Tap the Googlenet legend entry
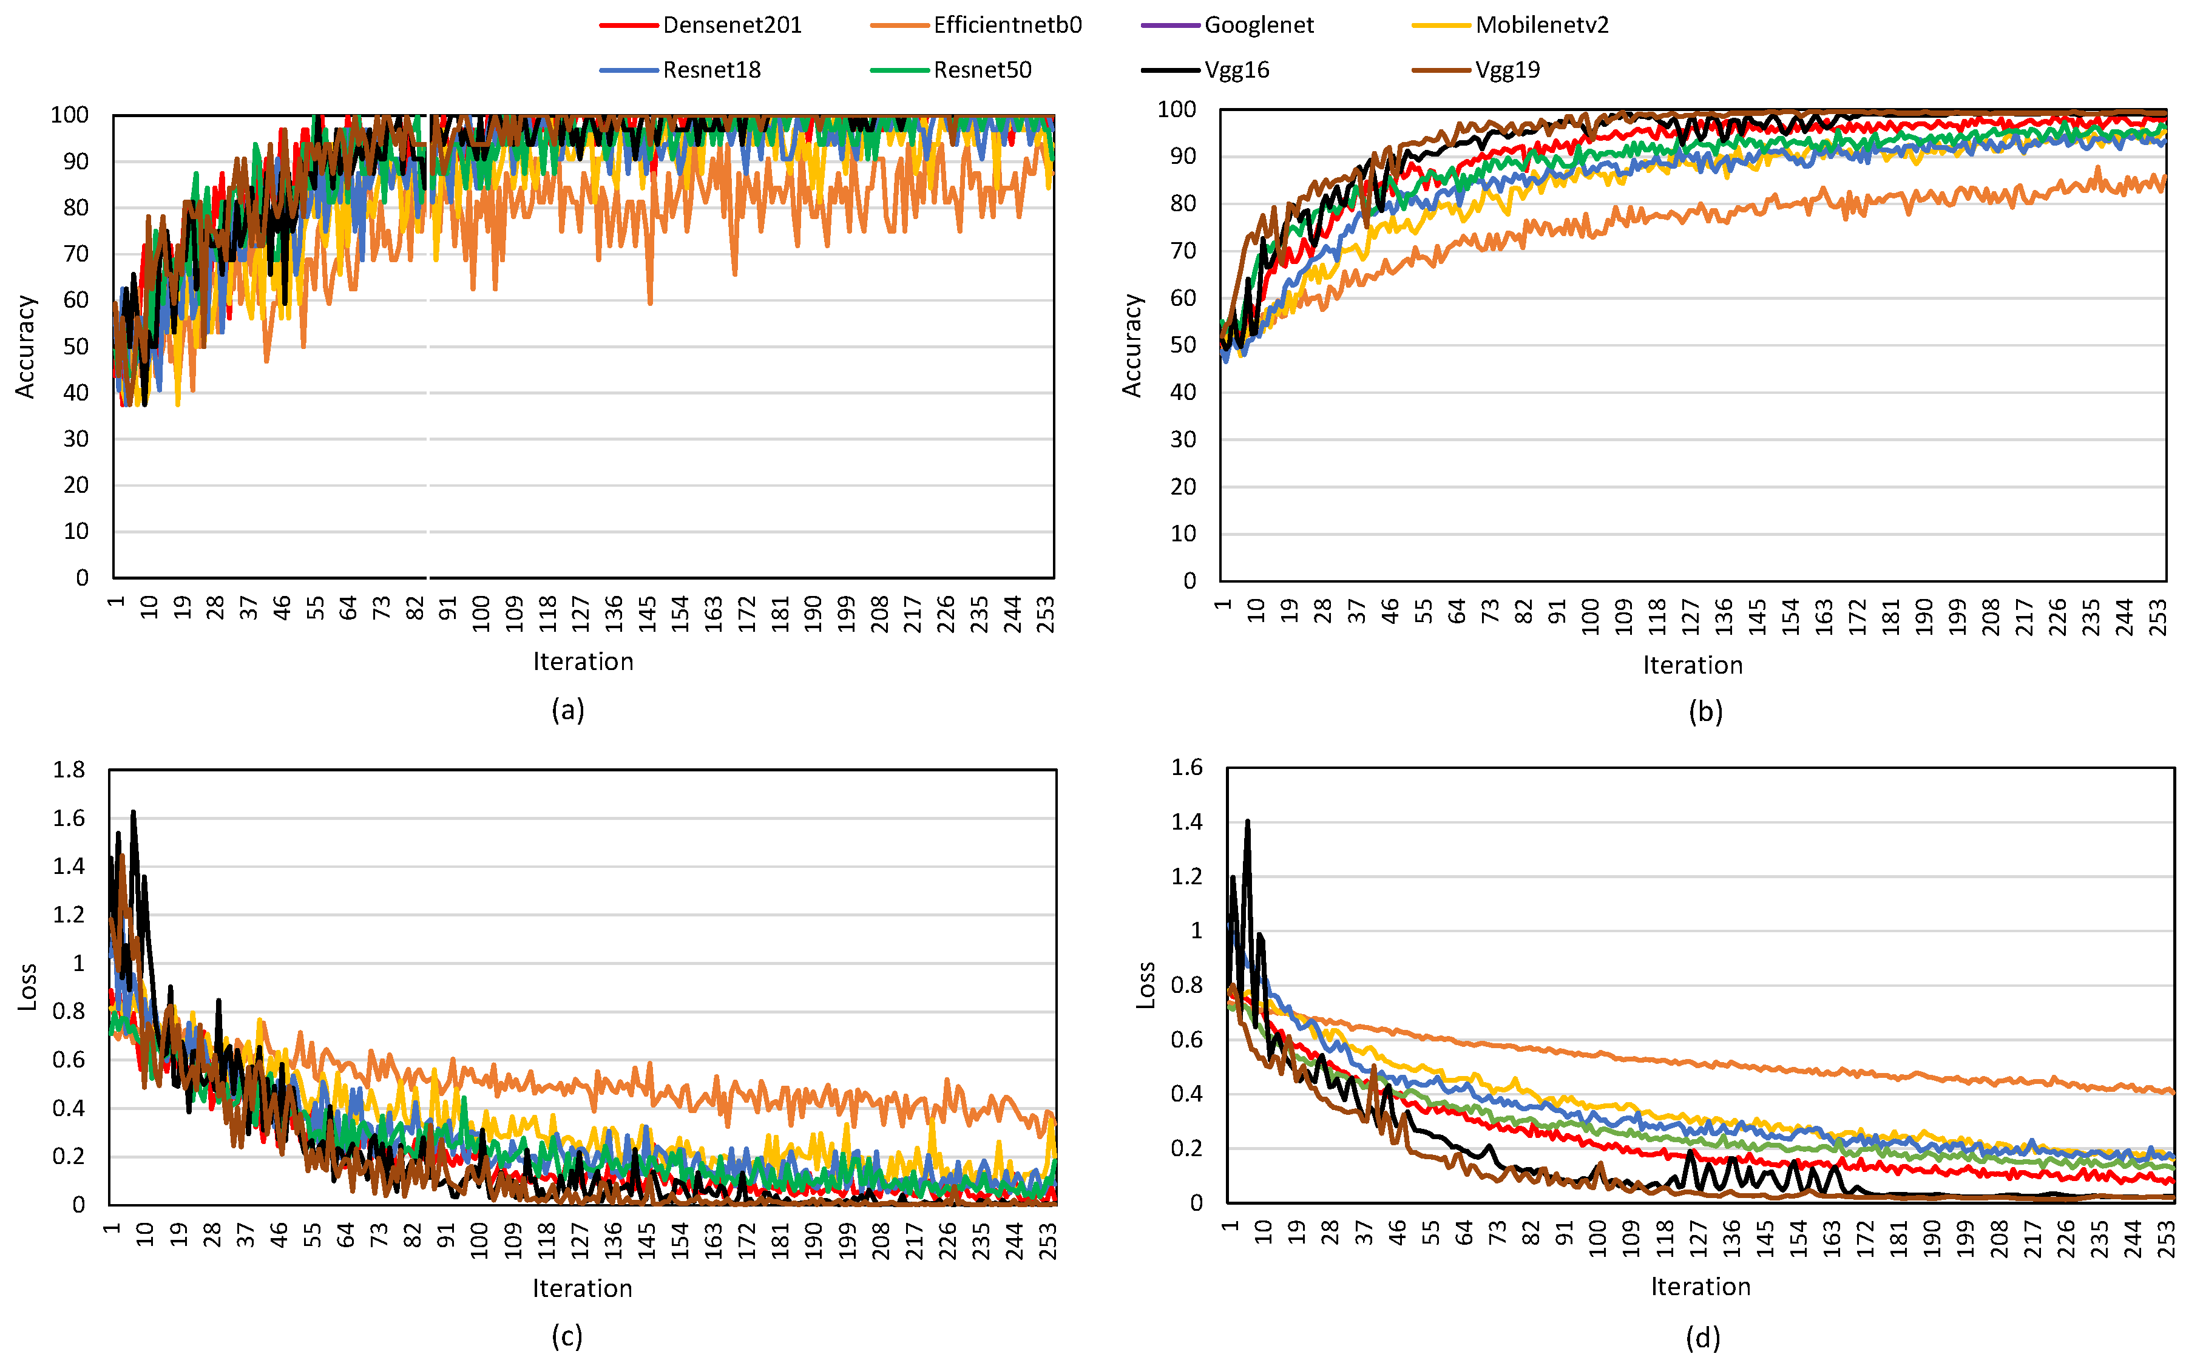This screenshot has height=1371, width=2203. (x=1258, y=25)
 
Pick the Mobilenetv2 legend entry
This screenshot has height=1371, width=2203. (x=1541, y=25)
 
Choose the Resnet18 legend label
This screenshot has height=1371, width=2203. (x=712, y=70)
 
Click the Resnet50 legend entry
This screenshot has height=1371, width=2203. (x=982, y=70)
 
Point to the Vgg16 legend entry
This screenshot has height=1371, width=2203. (x=1237, y=70)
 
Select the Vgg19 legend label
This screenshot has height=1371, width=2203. (x=1507, y=70)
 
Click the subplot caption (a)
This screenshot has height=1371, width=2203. (x=567, y=710)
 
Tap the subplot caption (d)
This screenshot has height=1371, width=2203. (x=1702, y=1338)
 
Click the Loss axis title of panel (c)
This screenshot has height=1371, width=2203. (x=27, y=987)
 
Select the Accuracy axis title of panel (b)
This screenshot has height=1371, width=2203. (x=1131, y=345)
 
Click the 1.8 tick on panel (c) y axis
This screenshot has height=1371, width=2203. (x=69, y=770)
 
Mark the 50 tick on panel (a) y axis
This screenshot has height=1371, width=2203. (x=76, y=347)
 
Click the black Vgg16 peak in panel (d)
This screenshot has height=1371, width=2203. (x=1248, y=822)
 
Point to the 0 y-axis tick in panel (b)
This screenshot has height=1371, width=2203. (x=1189, y=580)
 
